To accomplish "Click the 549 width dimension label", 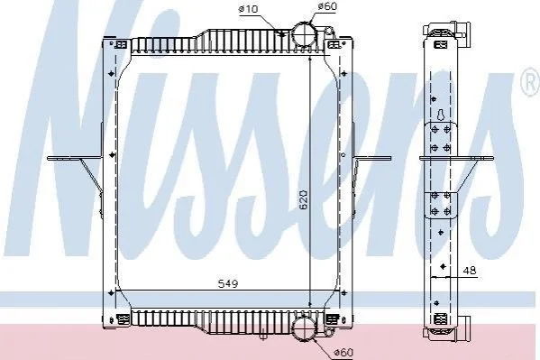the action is pyautogui.click(x=228, y=283).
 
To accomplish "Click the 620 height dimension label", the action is pyautogui.click(x=304, y=199).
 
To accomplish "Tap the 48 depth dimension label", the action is pyautogui.click(x=470, y=270).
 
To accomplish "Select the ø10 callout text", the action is pyautogui.click(x=248, y=9).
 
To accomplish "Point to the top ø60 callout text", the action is pyautogui.click(x=327, y=6).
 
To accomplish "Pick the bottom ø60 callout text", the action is pyautogui.click(x=344, y=352).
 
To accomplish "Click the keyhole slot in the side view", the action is pyautogui.click(x=441, y=115).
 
